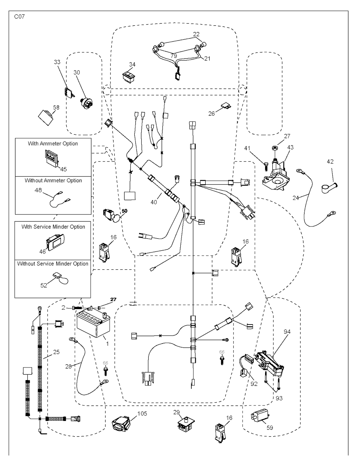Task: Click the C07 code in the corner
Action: tap(19, 17)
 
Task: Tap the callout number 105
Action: tap(142, 414)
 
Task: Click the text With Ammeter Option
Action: tap(53, 143)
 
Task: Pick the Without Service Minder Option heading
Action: tap(53, 264)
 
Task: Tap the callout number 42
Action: tap(330, 162)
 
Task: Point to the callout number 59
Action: tap(270, 428)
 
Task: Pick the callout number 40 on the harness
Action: tap(154, 202)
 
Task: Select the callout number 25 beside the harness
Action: tap(56, 352)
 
